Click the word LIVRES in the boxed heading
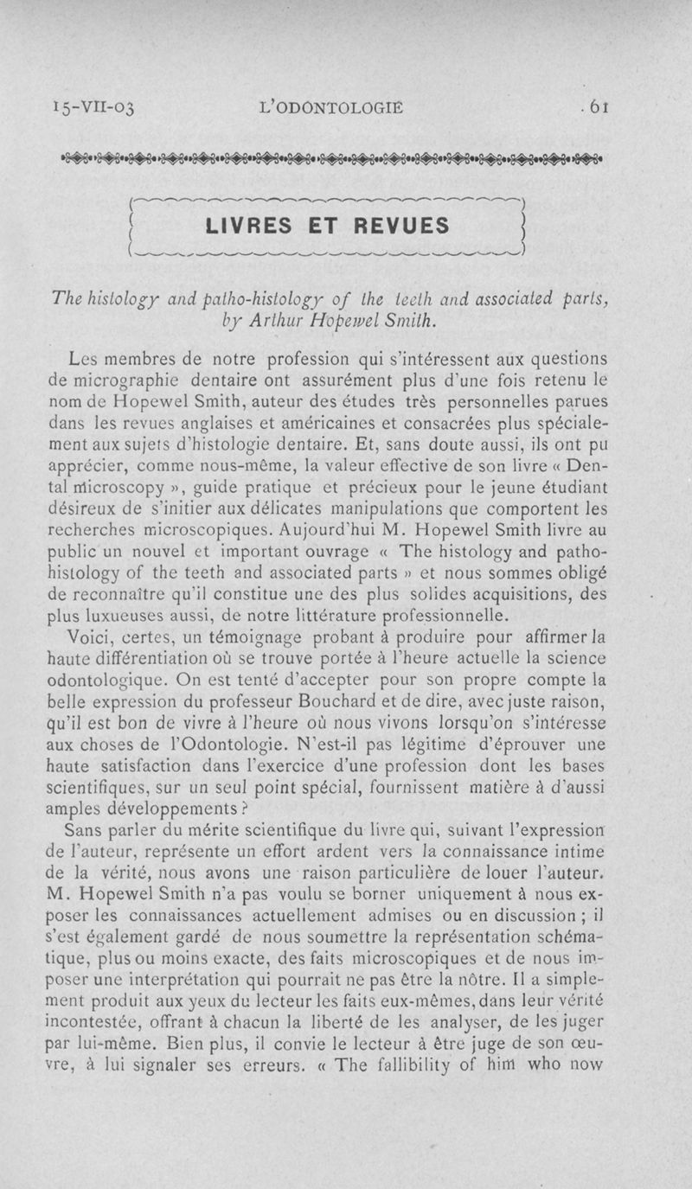[250, 227]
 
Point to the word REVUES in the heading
[401, 227]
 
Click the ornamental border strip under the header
[331, 158]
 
